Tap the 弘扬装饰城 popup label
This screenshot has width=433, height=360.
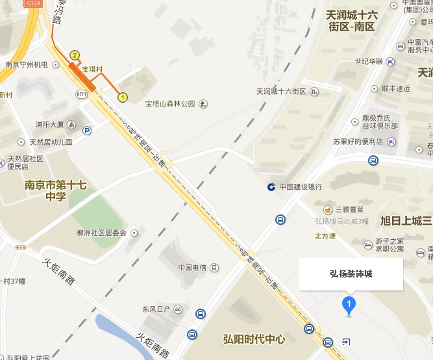[351, 274]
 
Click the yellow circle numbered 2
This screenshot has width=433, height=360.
[75, 55]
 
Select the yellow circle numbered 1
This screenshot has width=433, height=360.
[122, 97]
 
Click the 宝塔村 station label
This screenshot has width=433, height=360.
[92, 69]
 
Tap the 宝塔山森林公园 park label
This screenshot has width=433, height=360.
[170, 103]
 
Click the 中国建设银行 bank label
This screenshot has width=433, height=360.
[301, 187]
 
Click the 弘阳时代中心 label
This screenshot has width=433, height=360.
[254, 339]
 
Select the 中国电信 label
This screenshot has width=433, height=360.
[192, 268]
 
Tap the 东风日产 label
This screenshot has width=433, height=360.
[156, 309]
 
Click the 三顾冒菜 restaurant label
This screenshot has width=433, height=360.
[349, 209]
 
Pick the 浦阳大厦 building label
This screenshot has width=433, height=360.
[49, 124]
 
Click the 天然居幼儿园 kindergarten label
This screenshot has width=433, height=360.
[51, 142]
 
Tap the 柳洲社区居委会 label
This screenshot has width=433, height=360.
[101, 233]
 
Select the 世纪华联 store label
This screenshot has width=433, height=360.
[369, 62]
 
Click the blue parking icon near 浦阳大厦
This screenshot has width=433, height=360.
[86, 131]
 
